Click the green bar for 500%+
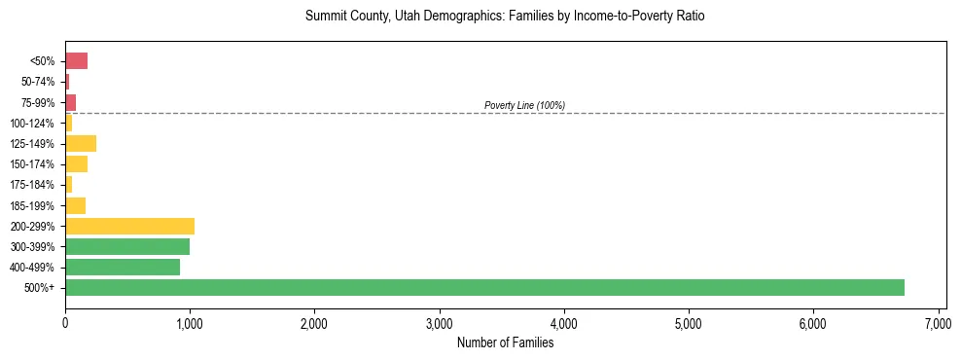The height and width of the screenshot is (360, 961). click(x=484, y=287)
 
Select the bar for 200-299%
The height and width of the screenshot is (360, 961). click(x=129, y=226)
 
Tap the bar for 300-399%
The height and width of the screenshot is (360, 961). click(x=127, y=246)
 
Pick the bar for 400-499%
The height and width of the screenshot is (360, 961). click(x=123, y=267)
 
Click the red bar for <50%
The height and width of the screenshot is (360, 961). click(x=77, y=61)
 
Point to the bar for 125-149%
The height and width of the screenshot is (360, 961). click(x=81, y=144)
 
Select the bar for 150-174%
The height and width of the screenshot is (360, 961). click(x=77, y=164)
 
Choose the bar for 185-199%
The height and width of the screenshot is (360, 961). click(x=76, y=205)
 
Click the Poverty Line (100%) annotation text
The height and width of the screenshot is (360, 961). click(x=524, y=105)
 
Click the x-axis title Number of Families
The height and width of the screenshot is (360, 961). click(x=505, y=342)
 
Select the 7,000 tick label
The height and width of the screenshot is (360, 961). click(x=938, y=322)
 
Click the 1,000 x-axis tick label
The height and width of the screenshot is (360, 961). click(x=190, y=322)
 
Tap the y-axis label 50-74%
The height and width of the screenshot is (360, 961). click(x=38, y=82)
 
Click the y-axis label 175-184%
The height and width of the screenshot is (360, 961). click(x=34, y=185)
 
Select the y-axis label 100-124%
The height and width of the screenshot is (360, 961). click(x=34, y=124)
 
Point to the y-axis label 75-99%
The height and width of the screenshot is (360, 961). click(x=38, y=102)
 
